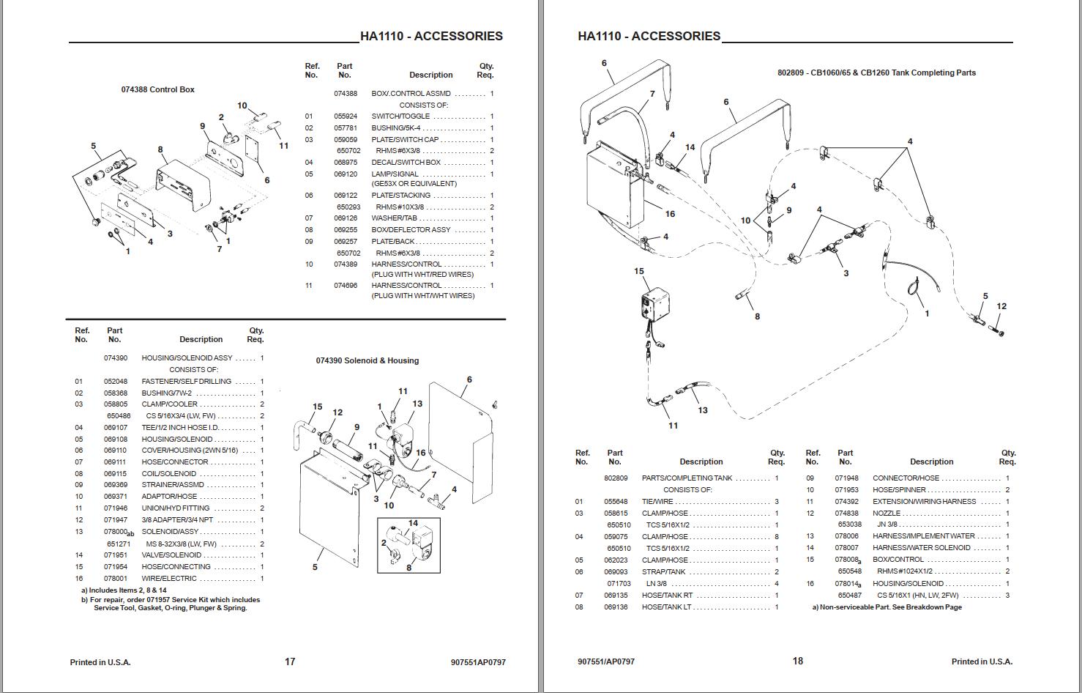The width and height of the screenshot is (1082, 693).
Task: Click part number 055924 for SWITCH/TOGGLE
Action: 346,116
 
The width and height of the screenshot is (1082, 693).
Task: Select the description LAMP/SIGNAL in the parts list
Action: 395,174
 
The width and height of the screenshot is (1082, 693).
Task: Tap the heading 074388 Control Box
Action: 157,89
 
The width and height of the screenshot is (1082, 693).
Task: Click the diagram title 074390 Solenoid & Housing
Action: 367,360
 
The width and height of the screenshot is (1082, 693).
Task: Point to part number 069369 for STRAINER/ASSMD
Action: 115,485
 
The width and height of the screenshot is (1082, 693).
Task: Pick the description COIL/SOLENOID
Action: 168,474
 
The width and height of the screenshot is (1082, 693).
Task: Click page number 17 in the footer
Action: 290,661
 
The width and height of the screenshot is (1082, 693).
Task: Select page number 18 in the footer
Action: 797,661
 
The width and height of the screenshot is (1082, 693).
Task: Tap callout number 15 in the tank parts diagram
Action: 638,271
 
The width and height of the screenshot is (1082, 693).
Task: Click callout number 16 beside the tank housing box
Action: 670,214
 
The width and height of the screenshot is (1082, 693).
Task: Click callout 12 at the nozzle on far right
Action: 1001,306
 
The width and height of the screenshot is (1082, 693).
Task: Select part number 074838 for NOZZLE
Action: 846,514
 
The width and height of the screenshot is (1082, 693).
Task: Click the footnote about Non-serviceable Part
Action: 887,607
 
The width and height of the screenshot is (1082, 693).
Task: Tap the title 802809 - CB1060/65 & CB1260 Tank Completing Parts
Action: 876,73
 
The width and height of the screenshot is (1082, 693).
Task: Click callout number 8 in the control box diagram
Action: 160,149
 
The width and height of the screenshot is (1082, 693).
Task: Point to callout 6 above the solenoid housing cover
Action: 469,379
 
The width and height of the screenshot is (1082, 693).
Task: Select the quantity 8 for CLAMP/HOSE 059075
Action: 776,537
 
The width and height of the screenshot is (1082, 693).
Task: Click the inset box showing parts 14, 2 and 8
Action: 408,546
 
